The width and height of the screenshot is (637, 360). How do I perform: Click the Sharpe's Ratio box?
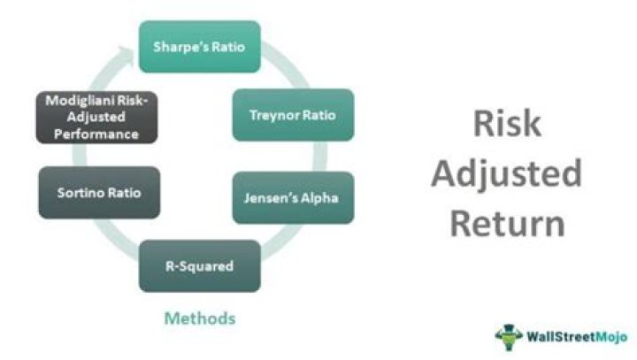199,47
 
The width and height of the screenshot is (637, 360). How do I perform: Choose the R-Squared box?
199,264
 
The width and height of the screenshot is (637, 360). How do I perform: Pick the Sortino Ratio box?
99,192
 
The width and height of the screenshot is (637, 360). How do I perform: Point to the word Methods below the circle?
200,316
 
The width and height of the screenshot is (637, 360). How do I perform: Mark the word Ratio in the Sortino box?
125,192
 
